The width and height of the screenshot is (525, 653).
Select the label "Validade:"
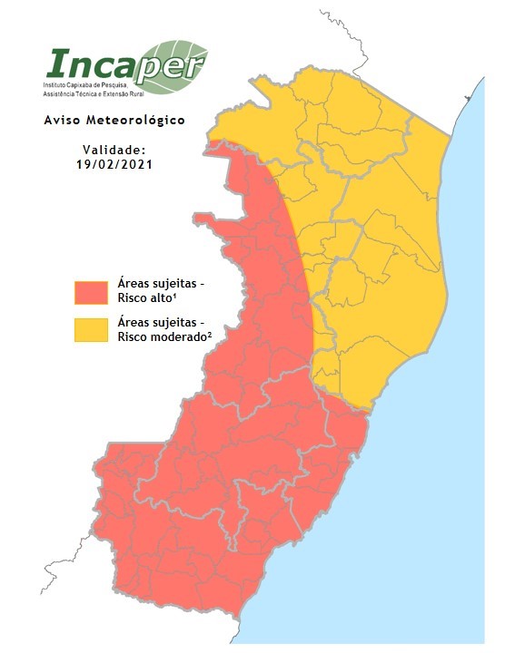click(114, 150)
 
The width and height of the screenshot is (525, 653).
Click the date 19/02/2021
click(114, 164)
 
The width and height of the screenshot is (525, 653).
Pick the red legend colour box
click(92, 292)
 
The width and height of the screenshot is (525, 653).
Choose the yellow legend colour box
click(92, 329)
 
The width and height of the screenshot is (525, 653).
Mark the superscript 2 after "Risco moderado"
click(210, 334)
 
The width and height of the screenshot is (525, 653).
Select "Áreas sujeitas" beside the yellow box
click(160, 322)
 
